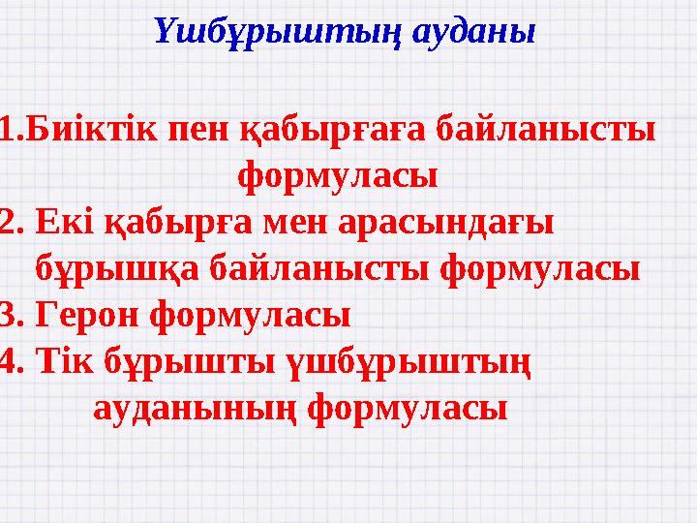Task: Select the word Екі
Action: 64,223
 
